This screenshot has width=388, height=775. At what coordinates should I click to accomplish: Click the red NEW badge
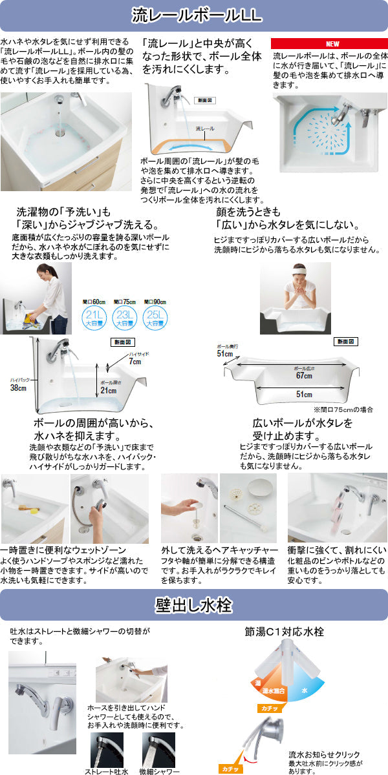point(332,44)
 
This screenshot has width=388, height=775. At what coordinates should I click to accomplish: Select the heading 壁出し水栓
point(194,605)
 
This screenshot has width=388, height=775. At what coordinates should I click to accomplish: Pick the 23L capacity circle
point(124,317)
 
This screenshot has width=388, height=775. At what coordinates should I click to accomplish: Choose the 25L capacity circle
point(156,317)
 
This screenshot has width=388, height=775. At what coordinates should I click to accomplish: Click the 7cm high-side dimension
point(134,361)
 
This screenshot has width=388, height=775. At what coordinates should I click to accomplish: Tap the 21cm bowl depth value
point(108,390)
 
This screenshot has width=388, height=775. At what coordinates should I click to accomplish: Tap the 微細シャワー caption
point(158,771)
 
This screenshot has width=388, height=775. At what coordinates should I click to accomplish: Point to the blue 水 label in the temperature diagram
point(303,691)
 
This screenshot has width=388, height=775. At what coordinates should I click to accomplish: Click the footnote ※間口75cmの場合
point(343,409)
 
